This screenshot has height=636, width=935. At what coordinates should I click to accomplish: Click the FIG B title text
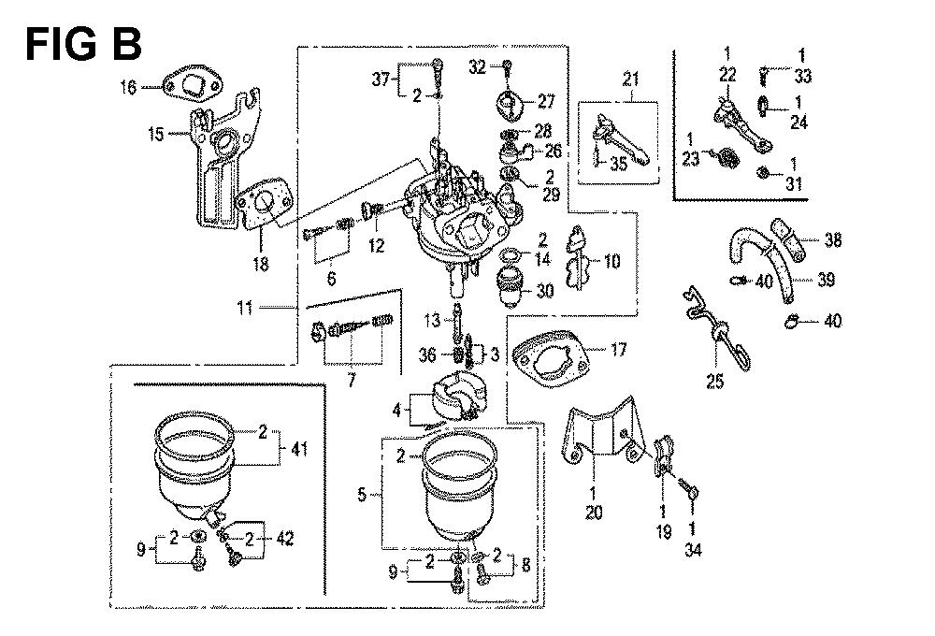[83, 41]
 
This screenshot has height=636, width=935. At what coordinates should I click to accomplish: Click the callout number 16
[128, 88]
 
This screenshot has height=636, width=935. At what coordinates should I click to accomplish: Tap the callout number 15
[155, 135]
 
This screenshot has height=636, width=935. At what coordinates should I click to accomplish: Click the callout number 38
[833, 240]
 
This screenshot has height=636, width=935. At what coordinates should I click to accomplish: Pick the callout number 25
[715, 382]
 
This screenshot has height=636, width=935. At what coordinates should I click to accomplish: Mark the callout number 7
[352, 382]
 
